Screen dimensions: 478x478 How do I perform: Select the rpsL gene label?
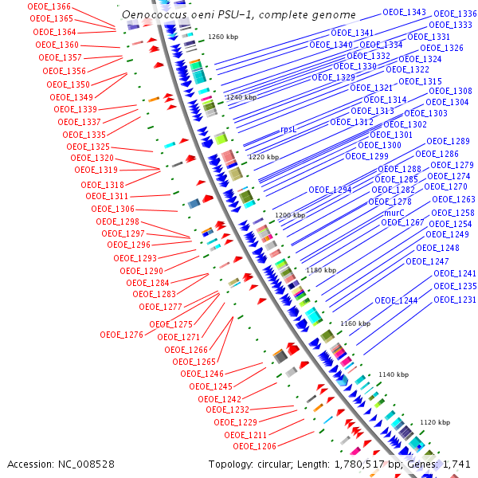tap(288, 129)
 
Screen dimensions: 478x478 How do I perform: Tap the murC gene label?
tap(394, 214)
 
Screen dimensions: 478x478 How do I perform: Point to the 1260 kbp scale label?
tap(222, 37)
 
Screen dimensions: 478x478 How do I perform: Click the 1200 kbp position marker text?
tap(290, 216)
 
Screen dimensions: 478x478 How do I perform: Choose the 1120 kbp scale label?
tap(435, 422)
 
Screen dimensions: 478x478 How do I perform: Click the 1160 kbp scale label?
tap(355, 323)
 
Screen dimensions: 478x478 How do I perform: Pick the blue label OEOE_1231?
tap(455, 300)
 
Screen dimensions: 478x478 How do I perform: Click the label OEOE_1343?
tap(404, 13)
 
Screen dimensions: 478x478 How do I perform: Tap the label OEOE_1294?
tap(330, 190)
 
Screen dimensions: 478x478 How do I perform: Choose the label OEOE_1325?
tap(88, 147)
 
